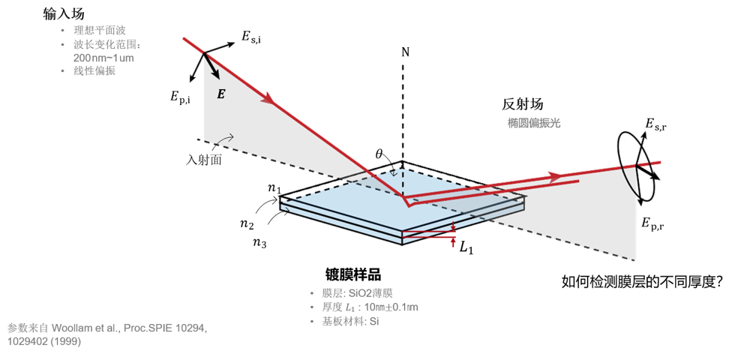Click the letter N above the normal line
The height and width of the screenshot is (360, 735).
tap(405, 52)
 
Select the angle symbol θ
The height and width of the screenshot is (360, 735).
tap(379, 154)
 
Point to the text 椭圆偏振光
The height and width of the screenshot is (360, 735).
tap(533, 123)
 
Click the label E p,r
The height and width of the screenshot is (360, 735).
tap(654, 223)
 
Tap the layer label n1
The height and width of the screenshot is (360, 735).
tap(274, 188)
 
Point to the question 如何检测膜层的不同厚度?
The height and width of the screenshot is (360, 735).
tap(642, 282)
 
